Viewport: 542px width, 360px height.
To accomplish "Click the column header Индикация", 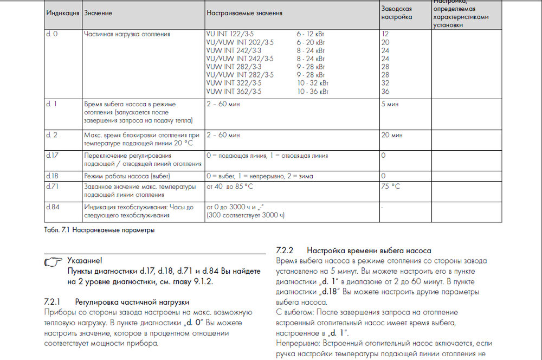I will coord(62,13).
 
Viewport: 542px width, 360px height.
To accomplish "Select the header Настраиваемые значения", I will coord(244,13).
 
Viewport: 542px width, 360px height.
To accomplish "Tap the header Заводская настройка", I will coord(397,13).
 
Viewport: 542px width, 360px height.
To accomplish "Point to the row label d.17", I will coord(51,156).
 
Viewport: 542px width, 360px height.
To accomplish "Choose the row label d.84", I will coord(52,207).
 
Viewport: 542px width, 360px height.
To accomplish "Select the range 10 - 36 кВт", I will coord(313,92).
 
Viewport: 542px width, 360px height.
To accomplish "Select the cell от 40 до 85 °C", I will coord(230,187).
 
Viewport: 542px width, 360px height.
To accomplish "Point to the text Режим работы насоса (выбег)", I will coord(127,176).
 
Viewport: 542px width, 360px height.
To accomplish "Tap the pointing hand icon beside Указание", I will coord(54,262).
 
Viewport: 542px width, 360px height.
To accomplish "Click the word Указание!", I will coord(85,261).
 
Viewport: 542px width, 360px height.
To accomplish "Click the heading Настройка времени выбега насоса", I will coord(369,250).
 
